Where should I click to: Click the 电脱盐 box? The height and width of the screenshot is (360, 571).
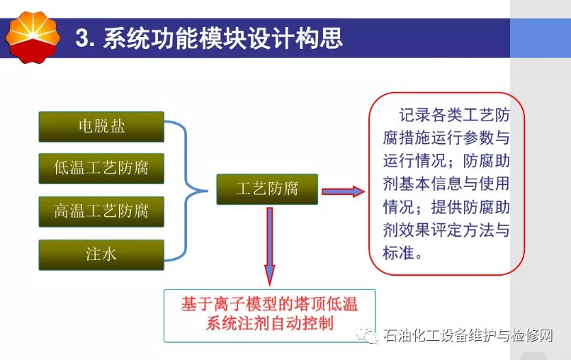101,127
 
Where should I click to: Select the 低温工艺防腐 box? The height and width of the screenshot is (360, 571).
101,169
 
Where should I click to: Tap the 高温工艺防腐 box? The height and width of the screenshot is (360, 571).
101,212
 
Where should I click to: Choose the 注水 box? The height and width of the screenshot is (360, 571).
101,254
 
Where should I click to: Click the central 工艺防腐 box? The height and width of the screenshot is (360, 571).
267,189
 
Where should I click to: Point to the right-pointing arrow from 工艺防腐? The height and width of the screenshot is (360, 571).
343,191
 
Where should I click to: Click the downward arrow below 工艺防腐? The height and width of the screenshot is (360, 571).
269,247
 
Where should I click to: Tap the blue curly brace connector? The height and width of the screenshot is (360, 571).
186,191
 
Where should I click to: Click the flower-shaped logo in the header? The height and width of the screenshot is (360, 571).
33,37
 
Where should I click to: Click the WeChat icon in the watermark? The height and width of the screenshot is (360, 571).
367,335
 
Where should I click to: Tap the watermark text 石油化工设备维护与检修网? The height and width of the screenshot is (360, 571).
468,335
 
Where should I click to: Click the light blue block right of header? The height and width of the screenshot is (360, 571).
541,38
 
